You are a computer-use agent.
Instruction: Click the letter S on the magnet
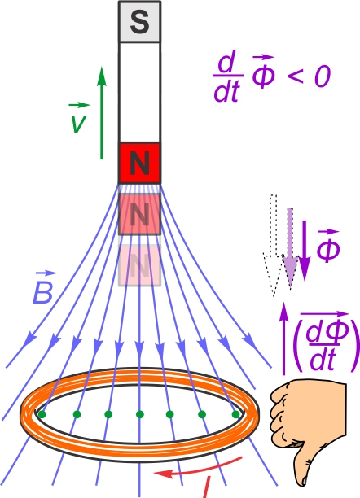point(139,22)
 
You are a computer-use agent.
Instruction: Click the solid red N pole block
point(139,163)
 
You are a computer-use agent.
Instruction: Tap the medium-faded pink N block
point(139,214)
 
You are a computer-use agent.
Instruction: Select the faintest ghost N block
point(139,265)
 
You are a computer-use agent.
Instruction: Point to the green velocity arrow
point(102,113)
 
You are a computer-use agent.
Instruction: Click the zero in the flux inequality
point(323,76)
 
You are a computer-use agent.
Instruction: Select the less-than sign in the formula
point(295,76)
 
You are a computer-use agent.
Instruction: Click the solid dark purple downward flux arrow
point(305,251)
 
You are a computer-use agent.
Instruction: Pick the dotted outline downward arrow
point(274,245)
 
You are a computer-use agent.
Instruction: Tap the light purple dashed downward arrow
point(290,248)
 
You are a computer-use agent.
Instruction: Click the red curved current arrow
point(199,468)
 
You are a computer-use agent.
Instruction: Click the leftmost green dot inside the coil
point(42,414)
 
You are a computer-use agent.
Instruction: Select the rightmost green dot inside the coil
point(235,414)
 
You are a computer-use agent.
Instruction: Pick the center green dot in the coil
point(139,414)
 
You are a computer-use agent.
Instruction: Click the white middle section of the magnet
point(139,92)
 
